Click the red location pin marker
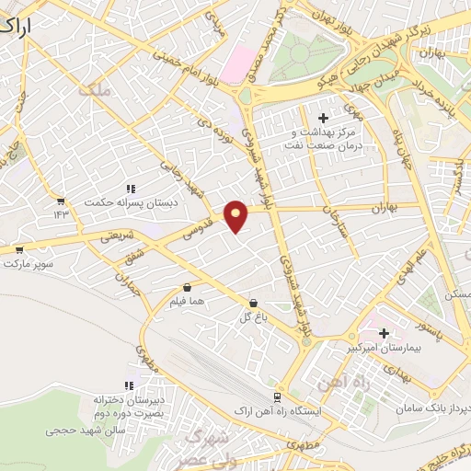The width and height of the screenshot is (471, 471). (237, 215)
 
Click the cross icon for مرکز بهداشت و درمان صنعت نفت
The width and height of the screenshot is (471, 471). (322, 118)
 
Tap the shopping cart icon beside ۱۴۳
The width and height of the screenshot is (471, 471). (60, 201)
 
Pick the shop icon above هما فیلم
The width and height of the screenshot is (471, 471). (188, 287)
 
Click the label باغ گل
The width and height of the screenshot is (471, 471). (253, 317)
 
